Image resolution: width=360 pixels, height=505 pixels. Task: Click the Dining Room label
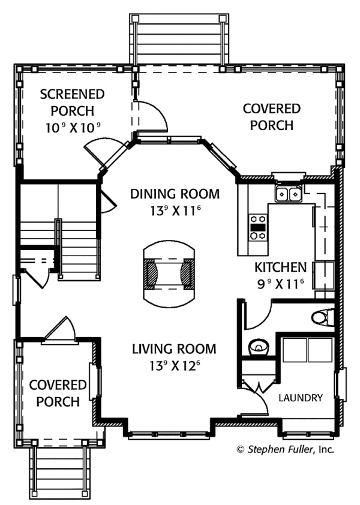click(175, 194)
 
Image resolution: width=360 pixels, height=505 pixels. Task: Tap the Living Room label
click(174, 348)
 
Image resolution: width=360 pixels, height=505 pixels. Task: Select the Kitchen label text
click(280, 267)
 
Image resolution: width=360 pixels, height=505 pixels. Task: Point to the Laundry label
click(301, 398)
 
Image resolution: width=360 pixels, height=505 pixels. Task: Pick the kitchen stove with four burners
click(258, 227)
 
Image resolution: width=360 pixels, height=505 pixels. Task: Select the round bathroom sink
click(259, 347)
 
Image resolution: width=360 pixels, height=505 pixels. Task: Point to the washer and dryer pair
click(307, 349)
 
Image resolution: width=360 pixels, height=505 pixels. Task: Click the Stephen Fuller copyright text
click(285, 448)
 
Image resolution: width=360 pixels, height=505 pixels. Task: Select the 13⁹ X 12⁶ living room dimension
click(174, 366)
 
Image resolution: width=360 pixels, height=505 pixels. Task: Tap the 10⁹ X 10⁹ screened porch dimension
click(72, 127)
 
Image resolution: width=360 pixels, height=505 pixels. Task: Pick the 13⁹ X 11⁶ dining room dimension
click(175, 211)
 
